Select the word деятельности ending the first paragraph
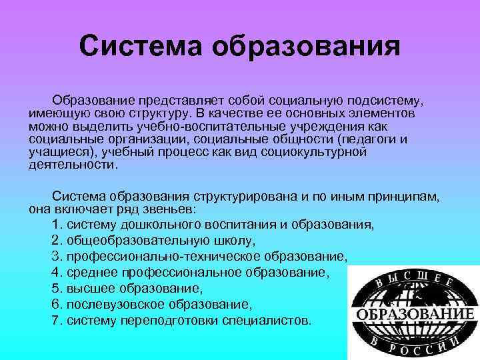click(x=73, y=164)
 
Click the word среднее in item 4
click(x=91, y=273)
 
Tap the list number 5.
click(x=55, y=289)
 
